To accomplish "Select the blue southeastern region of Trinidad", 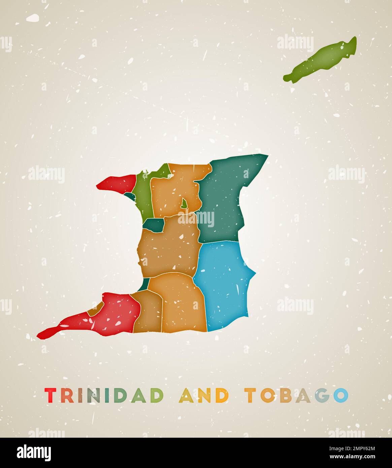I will [222, 283].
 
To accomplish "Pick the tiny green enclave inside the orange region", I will [184, 203].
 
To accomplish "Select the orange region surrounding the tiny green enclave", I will [168, 195].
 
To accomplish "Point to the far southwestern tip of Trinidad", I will [39, 335].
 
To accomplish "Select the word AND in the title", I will [204, 396].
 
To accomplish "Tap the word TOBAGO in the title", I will [296, 396].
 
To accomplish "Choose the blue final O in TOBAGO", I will [340, 396].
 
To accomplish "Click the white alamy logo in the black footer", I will [34, 452].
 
